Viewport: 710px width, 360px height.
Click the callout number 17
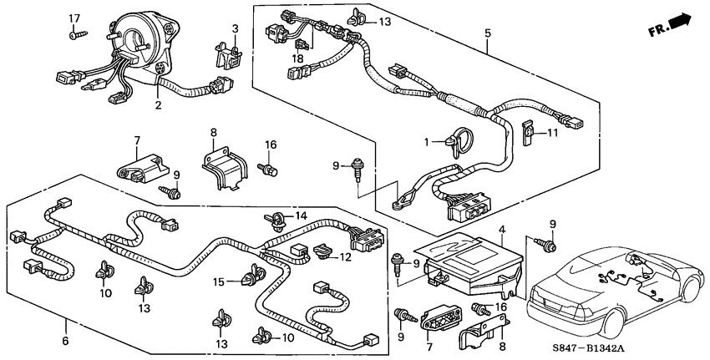tap(74, 18)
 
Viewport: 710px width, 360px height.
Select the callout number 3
tap(236, 29)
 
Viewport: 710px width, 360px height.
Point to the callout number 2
tap(157, 106)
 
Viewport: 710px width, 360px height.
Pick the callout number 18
tap(66, 342)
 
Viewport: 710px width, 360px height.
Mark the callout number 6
tap(66, 342)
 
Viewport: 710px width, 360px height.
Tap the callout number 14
tap(302, 215)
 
